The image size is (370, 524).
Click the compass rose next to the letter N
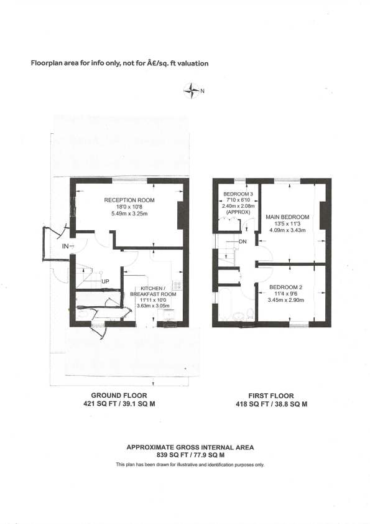(x=190, y=91)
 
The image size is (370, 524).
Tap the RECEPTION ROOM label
(x=129, y=200)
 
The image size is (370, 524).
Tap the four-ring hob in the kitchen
(x=177, y=286)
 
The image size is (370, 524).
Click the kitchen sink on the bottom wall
(x=167, y=322)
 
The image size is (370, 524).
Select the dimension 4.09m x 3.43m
(x=286, y=230)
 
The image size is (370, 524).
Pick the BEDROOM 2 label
(x=286, y=288)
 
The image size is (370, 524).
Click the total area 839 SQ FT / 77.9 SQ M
(x=190, y=456)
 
